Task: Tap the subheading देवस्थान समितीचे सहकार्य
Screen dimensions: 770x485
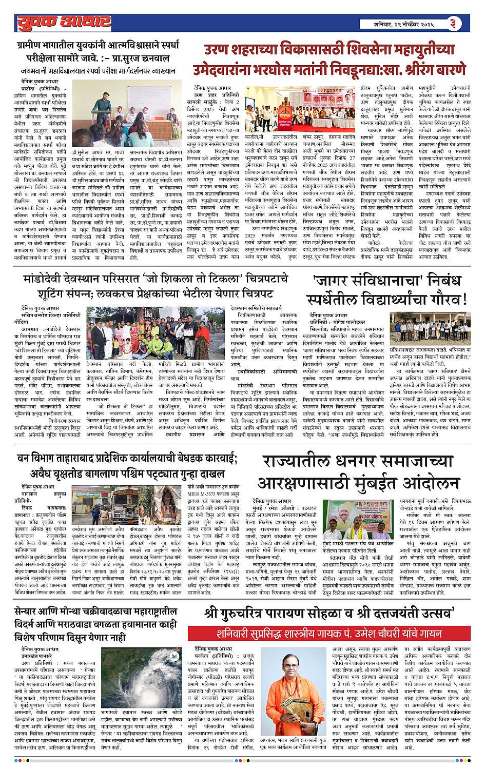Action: pos(257,307)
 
